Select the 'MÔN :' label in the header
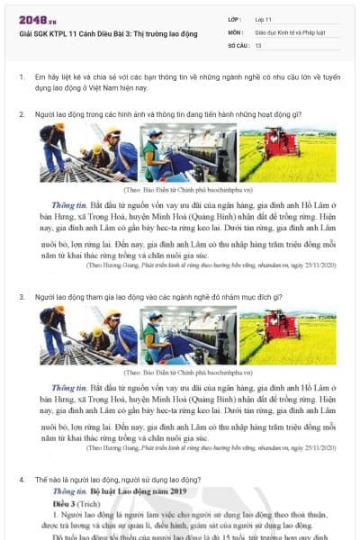click(237, 31)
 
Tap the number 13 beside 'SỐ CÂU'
click(258, 43)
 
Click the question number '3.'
click(22, 295)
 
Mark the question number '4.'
click(22, 480)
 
